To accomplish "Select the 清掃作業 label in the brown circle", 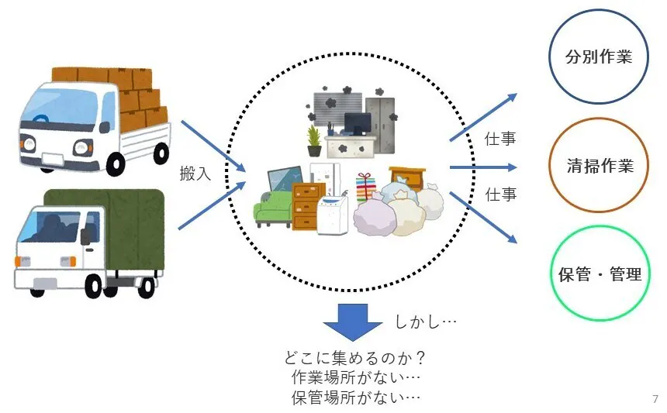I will pyautogui.click(x=600, y=166).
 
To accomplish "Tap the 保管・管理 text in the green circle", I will pyautogui.click(x=600, y=274).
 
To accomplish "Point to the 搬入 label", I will pyautogui.click(x=195, y=173).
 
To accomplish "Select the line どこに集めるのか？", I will pyautogui.click(x=357, y=359).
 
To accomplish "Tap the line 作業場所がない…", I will pyautogui.click(x=357, y=378).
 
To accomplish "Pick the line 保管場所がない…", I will pyautogui.click(x=357, y=398).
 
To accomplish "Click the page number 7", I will pyautogui.click(x=655, y=399).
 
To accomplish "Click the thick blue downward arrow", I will pyautogui.click(x=353, y=321).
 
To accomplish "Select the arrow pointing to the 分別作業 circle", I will pyautogui.click(x=482, y=117).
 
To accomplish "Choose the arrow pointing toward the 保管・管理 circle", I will pyautogui.click(x=482, y=218).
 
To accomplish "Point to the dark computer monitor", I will pyautogui.click(x=358, y=124).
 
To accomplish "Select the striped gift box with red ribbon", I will pyautogui.click(x=365, y=188).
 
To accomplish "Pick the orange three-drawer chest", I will pyautogui.click(x=309, y=204).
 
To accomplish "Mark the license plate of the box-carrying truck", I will pyautogui.click(x=53, y=158).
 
